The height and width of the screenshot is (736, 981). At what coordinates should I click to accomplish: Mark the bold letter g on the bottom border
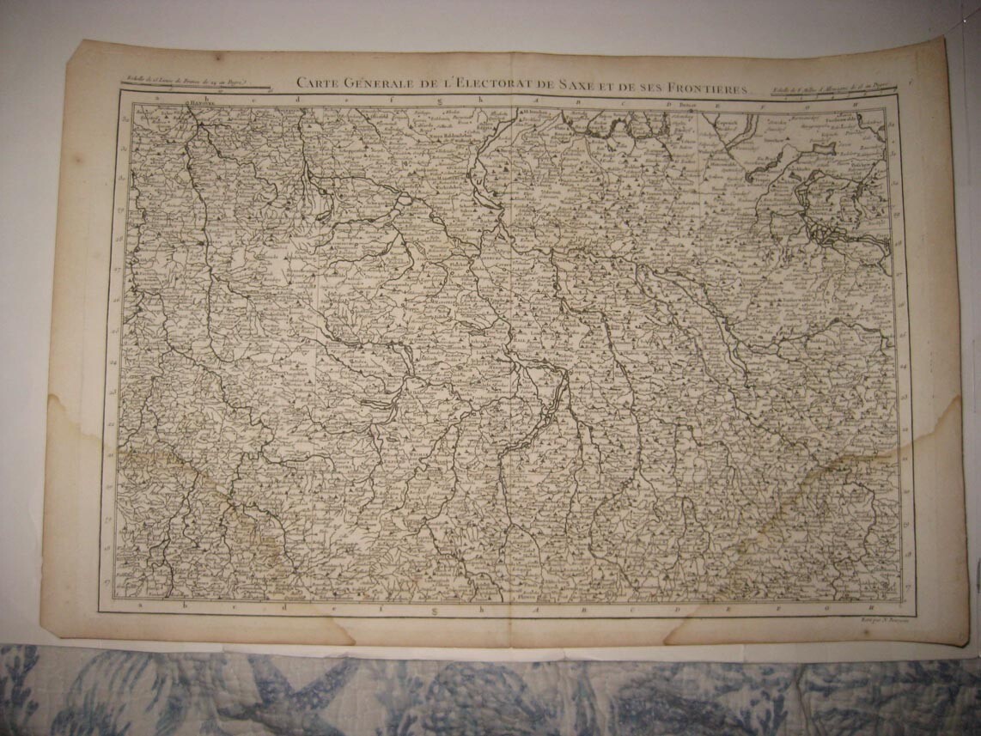coord(435,610)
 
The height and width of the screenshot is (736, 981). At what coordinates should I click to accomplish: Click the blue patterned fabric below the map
coord(490,691)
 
